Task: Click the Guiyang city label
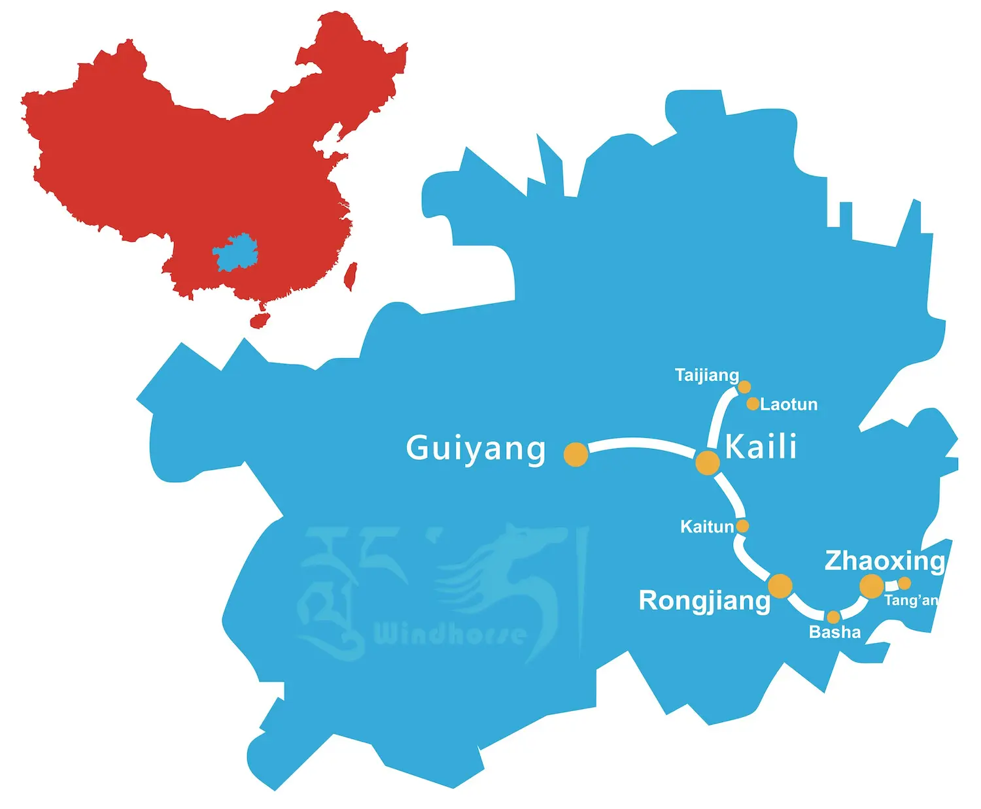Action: click(x=475, y=449)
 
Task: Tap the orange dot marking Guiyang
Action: click(x=576, y=454)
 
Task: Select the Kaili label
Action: click(x=761, y=447)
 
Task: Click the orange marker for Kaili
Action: click(x=708, y=463)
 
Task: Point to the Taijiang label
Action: click(x=706, y=375)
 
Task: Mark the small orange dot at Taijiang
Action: click(x=744, y=387)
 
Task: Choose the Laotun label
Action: click(x=789, y=404)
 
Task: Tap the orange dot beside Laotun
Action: click(x=753, y=404)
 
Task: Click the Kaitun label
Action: click(x=707, y=527)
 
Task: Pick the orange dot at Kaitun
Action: click(x=742, y=526)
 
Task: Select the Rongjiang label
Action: click(x=704, y=601)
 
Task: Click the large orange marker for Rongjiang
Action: click(x=780, y=586)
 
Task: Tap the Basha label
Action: click(x=835, y=632)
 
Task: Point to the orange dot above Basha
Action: click(x=833, y=617)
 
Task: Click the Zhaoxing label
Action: click(x=884, y=561)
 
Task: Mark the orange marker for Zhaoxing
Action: click(x=871, y=586)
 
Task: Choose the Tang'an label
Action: click(x=911, y=601)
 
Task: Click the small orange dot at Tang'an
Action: click(x=904, y=583)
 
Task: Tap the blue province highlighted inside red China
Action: click(x=235, y=252)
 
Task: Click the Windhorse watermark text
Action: click(x=450, y=634)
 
